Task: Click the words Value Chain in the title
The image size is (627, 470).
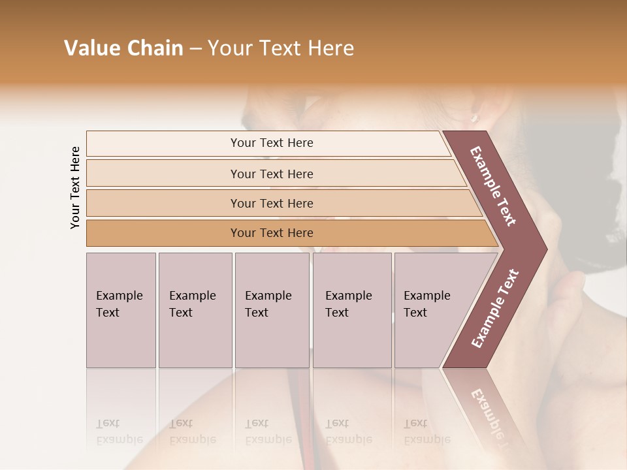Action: (123, 48)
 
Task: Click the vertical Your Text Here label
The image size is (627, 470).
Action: (75, 187)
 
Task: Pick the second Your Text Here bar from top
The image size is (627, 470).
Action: (272, 174)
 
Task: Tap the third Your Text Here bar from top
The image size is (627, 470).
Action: (272, 203)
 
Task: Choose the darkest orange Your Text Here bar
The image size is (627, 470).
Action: (272, 233)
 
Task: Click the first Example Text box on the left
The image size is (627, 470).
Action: (121, 310)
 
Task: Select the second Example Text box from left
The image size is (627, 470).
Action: (195, 310)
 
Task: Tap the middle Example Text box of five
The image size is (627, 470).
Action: (272, 310)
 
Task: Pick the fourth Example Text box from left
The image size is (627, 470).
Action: (352, 310)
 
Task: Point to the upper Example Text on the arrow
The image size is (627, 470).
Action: (493, 186)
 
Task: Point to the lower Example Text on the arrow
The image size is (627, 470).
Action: (494, 308)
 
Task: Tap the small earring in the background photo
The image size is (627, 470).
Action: (475, 117)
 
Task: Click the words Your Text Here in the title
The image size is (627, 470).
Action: (281, 48)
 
